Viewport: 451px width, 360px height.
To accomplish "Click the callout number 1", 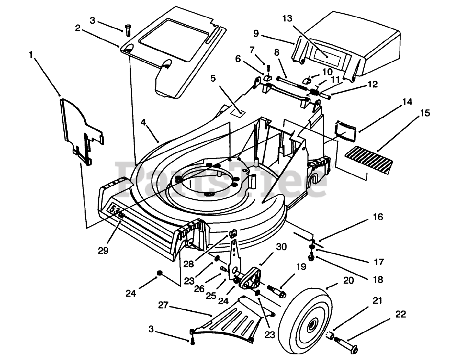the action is pos(31,55).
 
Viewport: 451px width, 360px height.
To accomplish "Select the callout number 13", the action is pos(287,18).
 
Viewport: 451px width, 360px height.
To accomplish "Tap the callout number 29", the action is pos(103,250).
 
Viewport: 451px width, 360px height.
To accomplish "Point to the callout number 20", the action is pos(349,280).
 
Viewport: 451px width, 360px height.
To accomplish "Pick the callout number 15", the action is pos(425,113).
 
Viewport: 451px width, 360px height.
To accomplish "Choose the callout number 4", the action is pos(143,122).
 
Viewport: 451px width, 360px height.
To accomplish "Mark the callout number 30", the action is pos(281,247).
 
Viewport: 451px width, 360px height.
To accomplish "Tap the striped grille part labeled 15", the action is pos(369,161).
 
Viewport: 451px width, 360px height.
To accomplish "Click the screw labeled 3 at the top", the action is pos(128,31).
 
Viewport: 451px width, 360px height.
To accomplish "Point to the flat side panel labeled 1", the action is pos(81,131).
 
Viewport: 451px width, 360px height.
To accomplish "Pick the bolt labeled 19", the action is pos(276,291).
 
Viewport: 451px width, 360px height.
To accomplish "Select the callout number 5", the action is pos(213,78).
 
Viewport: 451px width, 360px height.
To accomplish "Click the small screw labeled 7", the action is pos(269,68).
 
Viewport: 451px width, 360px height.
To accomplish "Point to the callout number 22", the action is pos(401,314).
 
